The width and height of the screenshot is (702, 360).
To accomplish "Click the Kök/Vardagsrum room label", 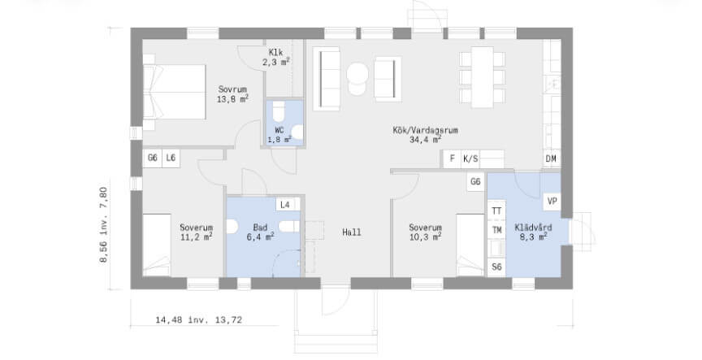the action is point(425,135).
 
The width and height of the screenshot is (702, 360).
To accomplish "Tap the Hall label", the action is point(352,232).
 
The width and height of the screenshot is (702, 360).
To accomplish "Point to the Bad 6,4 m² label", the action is point(260,232).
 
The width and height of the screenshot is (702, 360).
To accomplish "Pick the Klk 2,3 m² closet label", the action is point(275,58).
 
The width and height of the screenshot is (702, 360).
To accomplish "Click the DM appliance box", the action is point(551,158).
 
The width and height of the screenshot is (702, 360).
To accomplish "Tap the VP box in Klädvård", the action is point(552,202).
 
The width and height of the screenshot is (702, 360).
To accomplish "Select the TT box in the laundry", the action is point(496,211).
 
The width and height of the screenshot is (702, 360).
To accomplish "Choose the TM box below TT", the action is point(496,230).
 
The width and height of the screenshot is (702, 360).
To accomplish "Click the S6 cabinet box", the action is point(496,267).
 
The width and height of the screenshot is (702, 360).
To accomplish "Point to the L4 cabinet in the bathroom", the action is point(285,205).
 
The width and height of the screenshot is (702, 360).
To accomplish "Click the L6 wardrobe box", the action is point(171,158).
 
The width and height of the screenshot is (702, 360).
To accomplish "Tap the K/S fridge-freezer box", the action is point(470,158).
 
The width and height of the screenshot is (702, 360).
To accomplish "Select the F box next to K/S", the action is point(453,158).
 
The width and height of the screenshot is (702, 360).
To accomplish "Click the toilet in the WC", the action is point(279,111).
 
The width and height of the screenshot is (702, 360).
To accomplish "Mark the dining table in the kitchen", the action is point(482,77).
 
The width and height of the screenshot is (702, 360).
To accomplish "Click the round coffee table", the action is point(357,73).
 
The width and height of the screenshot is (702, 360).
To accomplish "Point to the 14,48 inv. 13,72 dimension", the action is point(198,320).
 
